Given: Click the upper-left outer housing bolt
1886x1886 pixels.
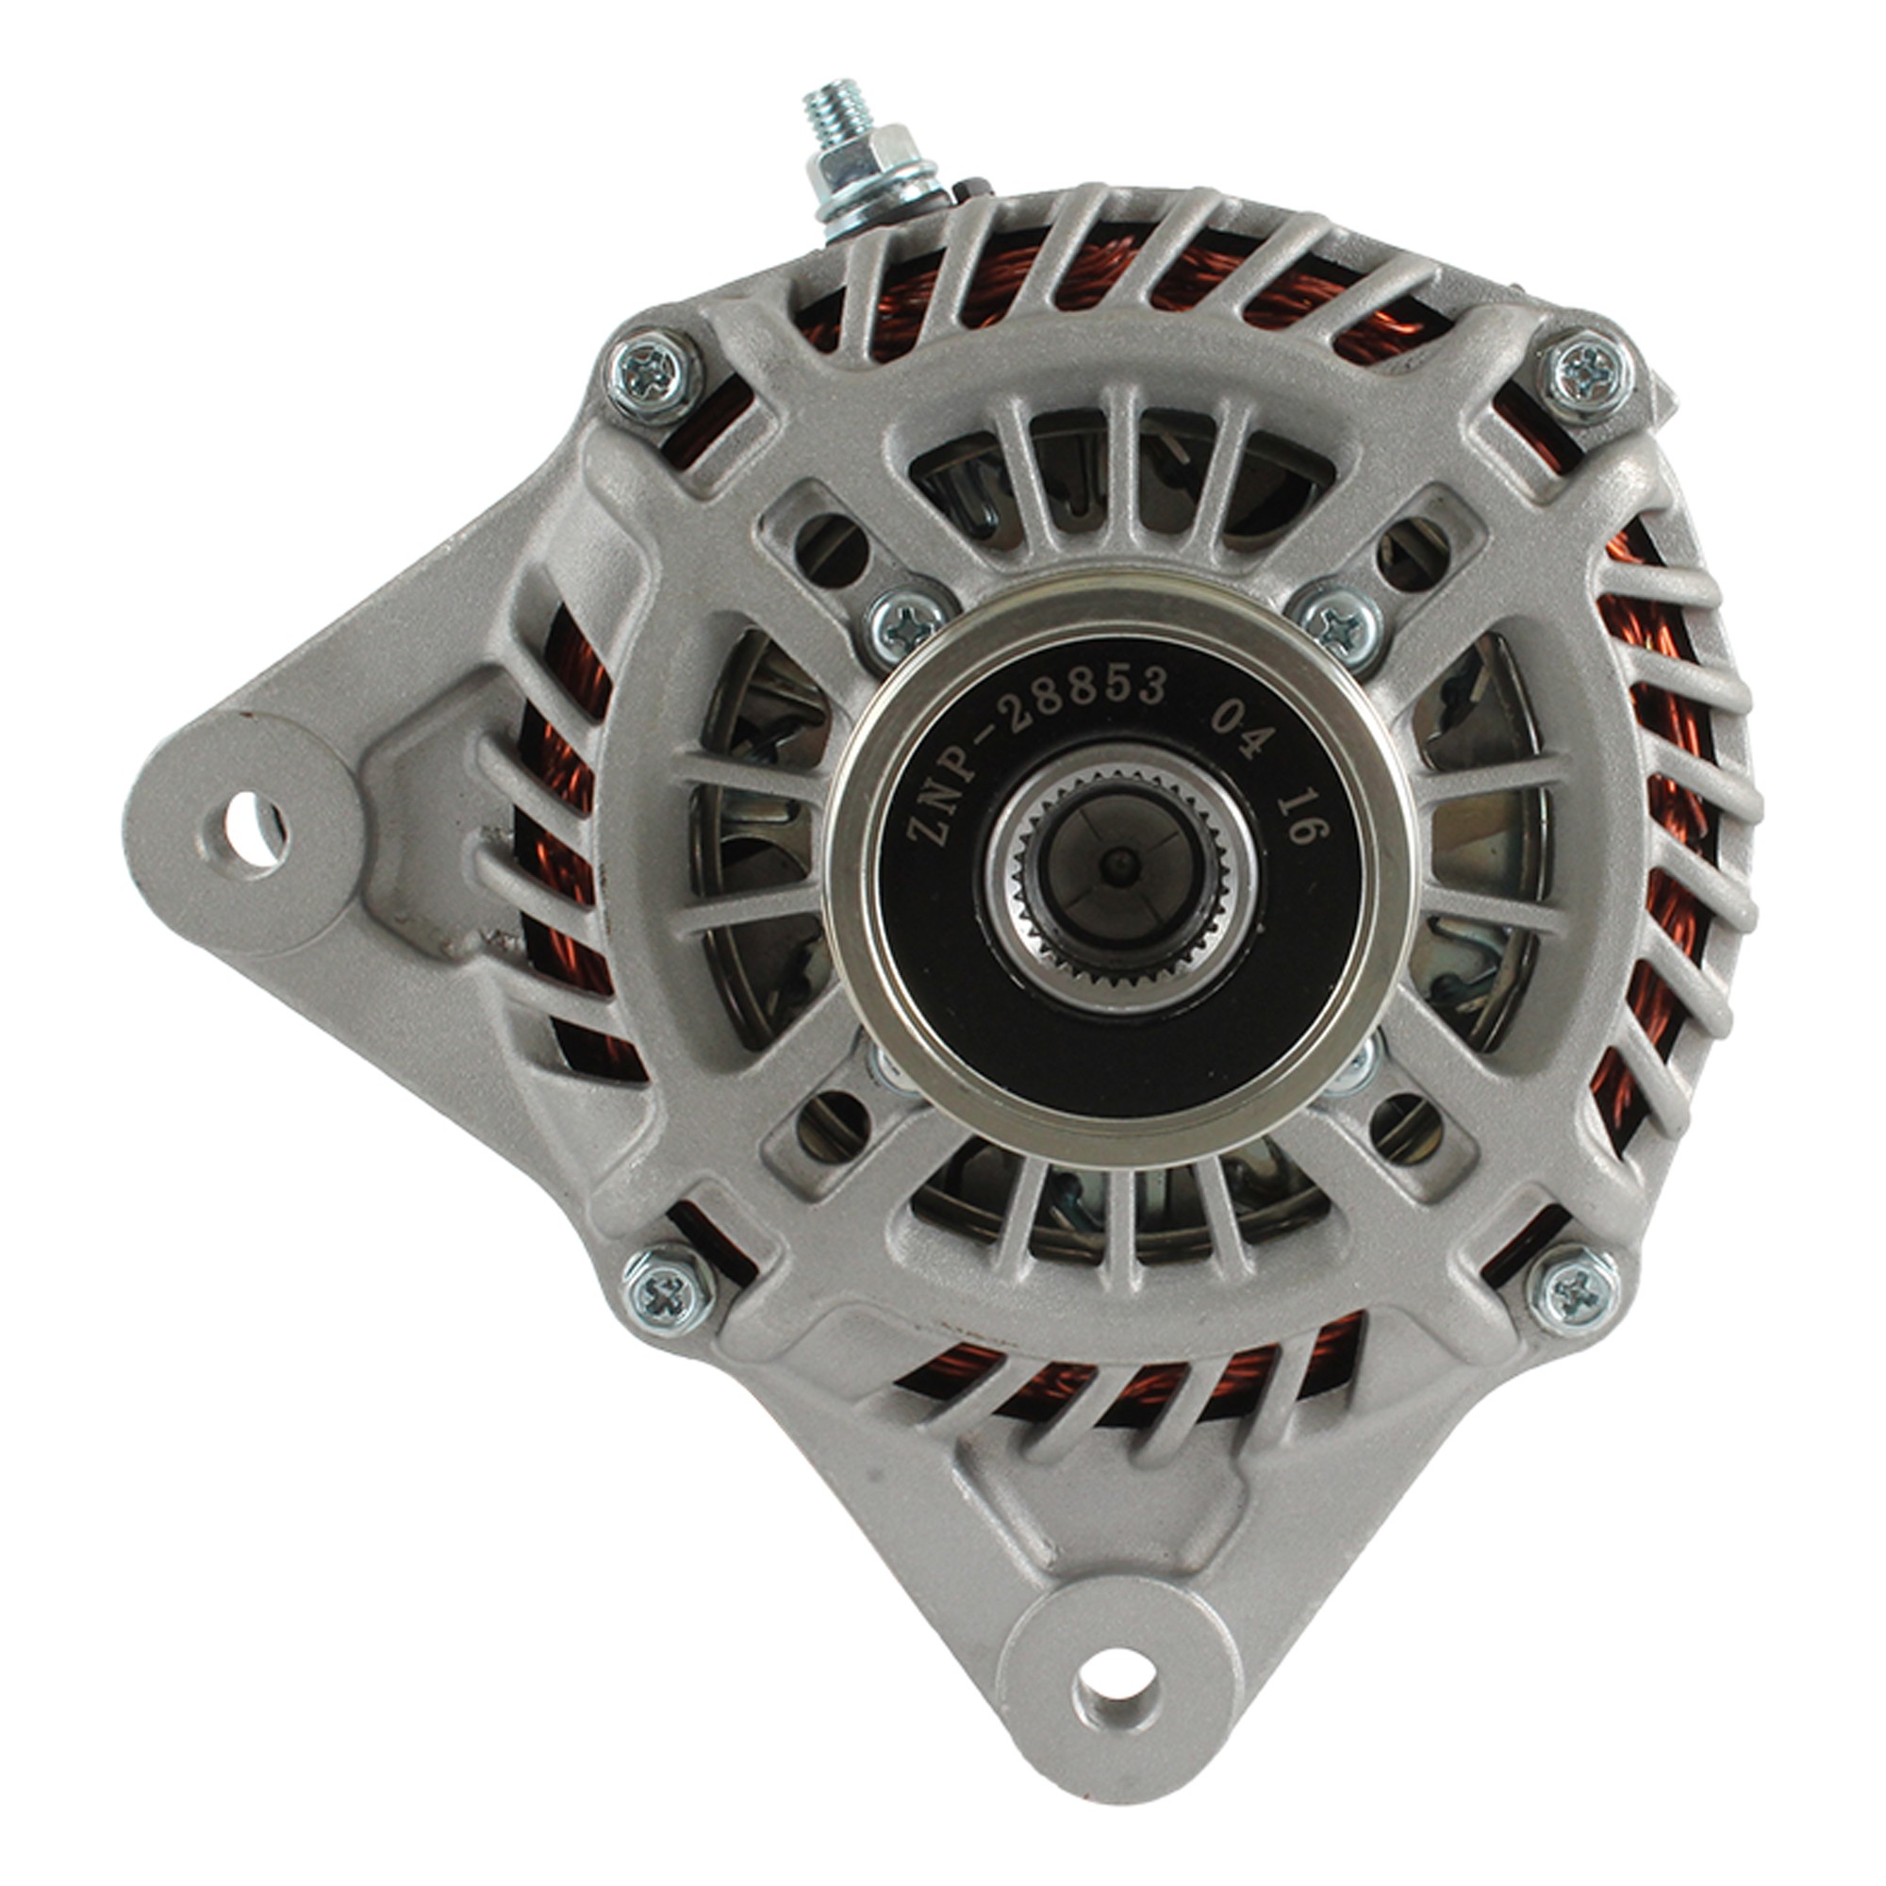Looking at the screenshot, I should tap(653, 372).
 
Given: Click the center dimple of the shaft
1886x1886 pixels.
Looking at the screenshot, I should tap(1119, 863).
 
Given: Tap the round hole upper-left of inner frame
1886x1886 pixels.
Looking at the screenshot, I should tap(834, 550).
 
